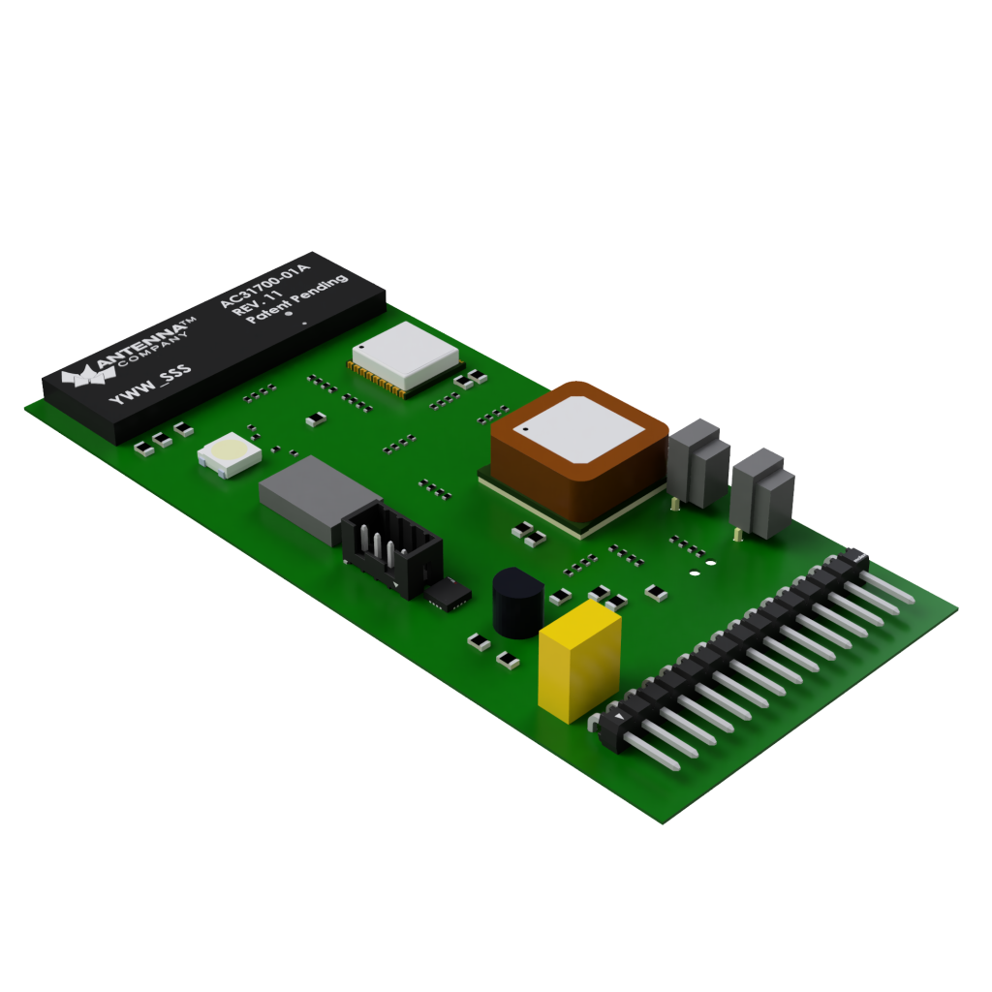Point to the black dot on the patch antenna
coord(524,427)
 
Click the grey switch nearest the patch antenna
coord(697,462)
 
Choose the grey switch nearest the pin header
coord(762,491)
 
